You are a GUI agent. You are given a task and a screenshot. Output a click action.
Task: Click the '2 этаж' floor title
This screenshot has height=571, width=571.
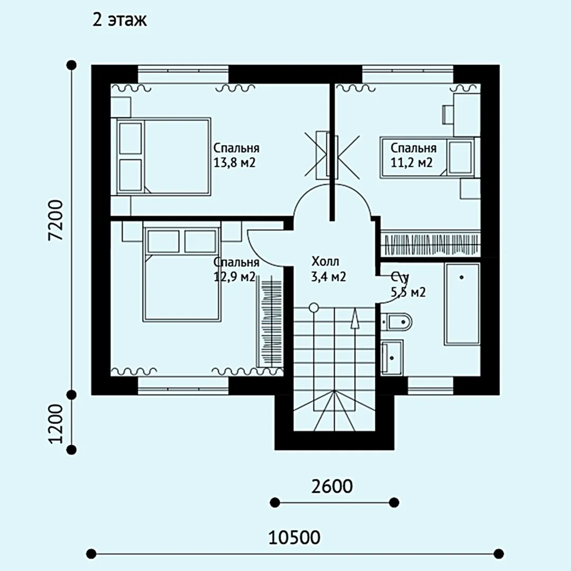pyautogui.click(x=119, y=20)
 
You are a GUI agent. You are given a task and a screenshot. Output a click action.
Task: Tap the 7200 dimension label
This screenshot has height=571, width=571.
pyautogui.click(x=57, y=220)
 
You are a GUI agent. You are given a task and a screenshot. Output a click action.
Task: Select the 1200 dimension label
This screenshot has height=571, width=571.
pyautogui.click(x=57, y=423)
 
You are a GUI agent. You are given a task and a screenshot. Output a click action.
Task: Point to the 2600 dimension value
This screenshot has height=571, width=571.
pyautogui.click(x=331, y=486)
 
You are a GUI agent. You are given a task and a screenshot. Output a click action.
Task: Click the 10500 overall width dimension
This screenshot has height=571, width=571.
pyautogui.click(x=294, y=537)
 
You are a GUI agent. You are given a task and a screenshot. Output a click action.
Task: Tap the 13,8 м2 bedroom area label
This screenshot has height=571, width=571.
pyautogui.click(x=235, y=162)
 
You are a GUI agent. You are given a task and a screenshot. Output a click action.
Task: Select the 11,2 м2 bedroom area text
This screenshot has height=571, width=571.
pyautogui.click(x=411, y=162)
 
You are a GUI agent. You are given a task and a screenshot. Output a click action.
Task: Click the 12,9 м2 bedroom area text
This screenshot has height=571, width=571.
pyautogui.click(x=235, y=277)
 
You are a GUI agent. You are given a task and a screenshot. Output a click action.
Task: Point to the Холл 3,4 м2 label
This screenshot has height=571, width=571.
pyautogui.click(x=328, y=269)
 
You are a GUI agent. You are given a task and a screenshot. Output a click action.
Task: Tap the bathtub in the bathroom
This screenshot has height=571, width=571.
pyautogui.click(x=462, y=303)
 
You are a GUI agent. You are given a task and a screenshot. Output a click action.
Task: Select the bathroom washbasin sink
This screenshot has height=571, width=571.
pyautogui.click(x=392, y=357)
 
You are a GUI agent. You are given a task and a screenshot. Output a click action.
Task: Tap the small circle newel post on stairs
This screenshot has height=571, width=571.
pyautogui.click(x=313, y=308)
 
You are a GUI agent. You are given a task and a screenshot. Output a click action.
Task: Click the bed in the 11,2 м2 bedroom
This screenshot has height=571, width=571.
pyautogui.click(x=427, y=158)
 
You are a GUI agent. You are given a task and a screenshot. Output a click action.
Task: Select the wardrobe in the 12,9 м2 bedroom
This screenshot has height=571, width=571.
pyautogui.click(x=270, y=320)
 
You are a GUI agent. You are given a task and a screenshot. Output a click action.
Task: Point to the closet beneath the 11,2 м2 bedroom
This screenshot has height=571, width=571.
pyautogui.click(x=430, y=243)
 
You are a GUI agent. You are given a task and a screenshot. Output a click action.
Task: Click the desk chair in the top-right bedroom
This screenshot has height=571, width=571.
pyautogui.click(x=448, y=115)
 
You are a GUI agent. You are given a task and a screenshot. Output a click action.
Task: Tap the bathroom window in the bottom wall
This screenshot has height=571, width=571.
pyautogui.click(x=430, y=386)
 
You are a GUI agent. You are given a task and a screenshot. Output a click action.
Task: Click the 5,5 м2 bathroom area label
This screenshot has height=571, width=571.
pyautogui.click(x=408, y=292)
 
